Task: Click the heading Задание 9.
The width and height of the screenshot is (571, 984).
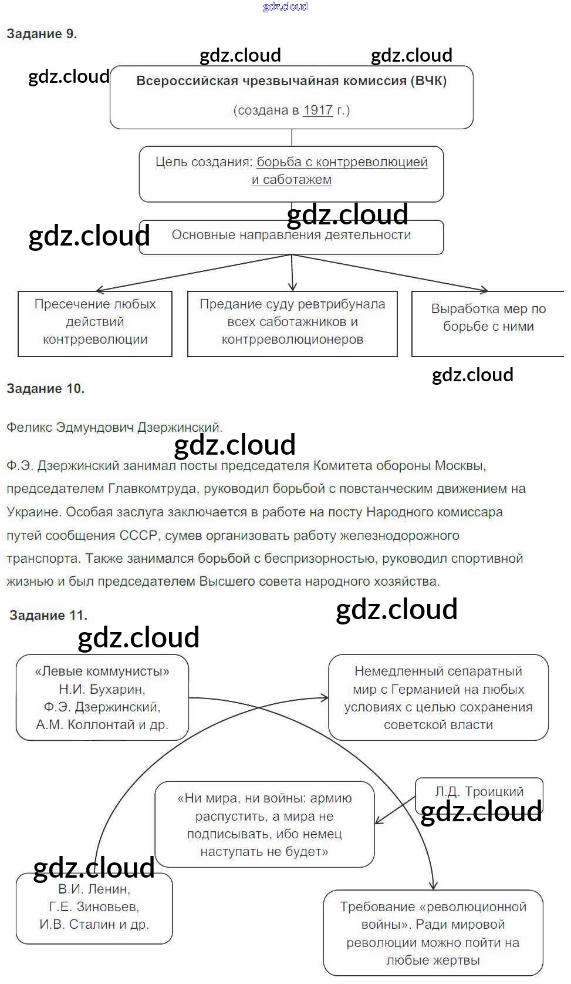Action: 42,34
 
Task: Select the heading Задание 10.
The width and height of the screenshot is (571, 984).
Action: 45,388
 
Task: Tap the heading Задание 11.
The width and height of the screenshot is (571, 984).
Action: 48,615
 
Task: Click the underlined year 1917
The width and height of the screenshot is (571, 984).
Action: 318,110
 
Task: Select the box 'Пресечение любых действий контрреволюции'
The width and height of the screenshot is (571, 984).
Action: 95,323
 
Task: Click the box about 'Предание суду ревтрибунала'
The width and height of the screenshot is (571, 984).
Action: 292,323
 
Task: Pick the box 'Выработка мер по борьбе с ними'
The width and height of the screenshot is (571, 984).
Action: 488,323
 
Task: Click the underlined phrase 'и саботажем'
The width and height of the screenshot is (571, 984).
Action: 291,180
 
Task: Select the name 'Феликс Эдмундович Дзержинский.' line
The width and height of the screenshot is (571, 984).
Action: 114,427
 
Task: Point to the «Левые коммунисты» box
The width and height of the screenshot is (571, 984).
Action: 102,697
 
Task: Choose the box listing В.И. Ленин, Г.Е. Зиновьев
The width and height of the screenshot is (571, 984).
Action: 94,907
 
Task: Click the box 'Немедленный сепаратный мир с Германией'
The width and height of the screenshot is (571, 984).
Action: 438,697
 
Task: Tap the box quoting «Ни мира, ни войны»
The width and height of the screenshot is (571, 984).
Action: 264,824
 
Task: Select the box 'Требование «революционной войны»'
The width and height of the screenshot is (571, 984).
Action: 433,933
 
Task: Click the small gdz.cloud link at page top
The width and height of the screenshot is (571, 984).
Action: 285,6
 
